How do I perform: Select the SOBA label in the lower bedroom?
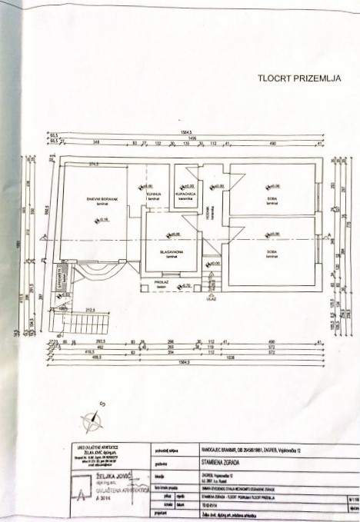tap(272, 251)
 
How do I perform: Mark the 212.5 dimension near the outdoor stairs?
tap(91, 311)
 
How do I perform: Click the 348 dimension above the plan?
tap(96, 143)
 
